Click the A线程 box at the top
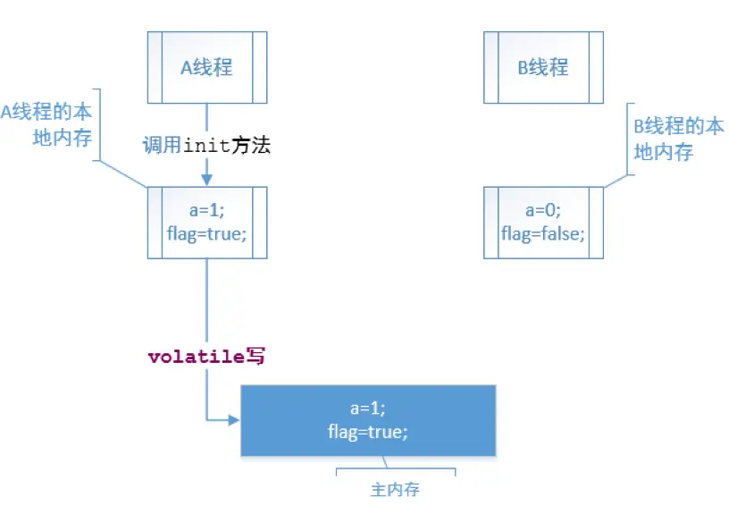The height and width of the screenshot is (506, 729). [207, 68]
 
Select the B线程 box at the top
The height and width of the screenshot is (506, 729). [543, 68]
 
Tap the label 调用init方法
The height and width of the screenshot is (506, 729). [206, 146]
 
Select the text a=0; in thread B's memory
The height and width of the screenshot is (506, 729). [543, 212]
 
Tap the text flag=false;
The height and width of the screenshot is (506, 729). [543, 234]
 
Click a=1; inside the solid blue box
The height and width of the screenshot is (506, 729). [367, 409]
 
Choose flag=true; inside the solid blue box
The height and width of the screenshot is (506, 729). [367, 432]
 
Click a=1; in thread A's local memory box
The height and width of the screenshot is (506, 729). [207, 212]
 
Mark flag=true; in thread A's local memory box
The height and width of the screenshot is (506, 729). [207, 234]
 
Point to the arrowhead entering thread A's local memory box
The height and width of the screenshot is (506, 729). [207, 181]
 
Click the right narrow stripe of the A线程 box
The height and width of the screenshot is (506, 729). [260, 68]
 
